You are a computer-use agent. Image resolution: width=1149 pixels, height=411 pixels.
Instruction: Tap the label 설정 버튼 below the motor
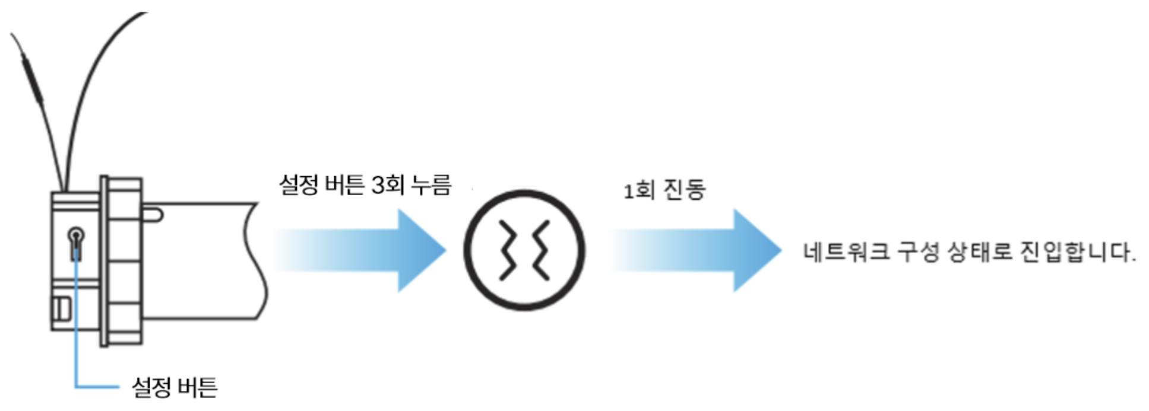[x=174, y=387]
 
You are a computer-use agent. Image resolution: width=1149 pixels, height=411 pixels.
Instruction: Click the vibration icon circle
[x=524, y=250]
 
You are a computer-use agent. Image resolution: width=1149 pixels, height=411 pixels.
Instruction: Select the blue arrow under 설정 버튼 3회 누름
[x=362, y=250]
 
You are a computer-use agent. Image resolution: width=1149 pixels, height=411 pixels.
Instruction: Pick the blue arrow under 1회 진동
[x=698, y=250]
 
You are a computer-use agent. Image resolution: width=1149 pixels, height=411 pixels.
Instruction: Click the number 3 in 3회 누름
[x=378, y=185]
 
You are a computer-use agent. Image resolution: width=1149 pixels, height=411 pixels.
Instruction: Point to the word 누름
[x=432, y=185]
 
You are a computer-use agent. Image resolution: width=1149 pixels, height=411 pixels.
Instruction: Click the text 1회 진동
[x=664, y=190]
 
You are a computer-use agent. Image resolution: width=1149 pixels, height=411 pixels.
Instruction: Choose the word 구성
[x=917, y=251]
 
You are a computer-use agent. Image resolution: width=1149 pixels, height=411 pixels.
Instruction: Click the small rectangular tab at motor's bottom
[x=62, y=308]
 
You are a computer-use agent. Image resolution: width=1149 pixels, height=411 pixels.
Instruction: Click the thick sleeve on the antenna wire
[x=33, y=83]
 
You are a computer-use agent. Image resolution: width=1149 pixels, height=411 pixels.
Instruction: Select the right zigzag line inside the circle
[x=541, y=250]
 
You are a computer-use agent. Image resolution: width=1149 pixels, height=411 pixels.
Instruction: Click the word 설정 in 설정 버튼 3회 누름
[x=299, y=185]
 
